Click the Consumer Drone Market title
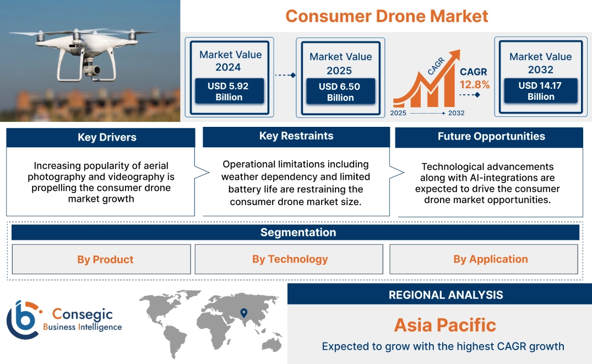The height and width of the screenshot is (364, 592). coord(387,16)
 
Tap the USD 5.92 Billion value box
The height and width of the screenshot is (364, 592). coord(229,92)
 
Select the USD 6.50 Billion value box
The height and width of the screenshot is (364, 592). coord(340,92)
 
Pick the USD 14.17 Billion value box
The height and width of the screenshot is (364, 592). coord(540,91)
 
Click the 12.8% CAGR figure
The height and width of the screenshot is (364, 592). coord(475,84)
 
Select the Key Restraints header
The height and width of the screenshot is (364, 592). coord(296,136)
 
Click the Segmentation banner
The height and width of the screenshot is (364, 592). coord(298,232)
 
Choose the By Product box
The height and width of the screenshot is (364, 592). coord(105,259)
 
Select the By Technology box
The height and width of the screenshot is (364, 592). coord(290,259)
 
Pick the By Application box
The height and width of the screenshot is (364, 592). coord(490,259)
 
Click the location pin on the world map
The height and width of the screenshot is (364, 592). coord(243,313)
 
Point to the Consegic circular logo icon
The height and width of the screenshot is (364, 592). coord(24,320)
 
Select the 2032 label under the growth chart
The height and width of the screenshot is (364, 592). coord(456,113)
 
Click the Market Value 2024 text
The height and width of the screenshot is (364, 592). coord(230,61)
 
